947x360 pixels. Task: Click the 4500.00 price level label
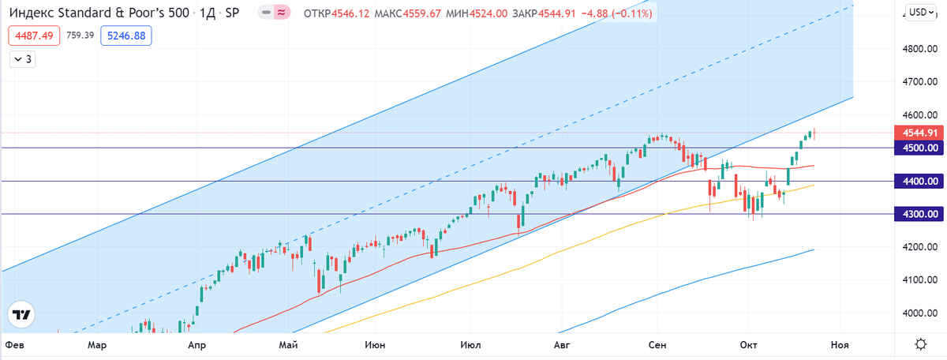(916, 148)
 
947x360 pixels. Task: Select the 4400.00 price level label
(916, 182)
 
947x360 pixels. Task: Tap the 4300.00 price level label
(916, 214)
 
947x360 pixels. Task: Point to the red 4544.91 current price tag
(916, 133)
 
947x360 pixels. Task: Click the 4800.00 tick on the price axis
(920, 49)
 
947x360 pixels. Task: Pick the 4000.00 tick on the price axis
(920, 313)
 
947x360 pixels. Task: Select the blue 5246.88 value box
(126, 36)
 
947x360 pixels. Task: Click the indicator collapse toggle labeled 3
(23, 59)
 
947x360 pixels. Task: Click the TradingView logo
(21, 313)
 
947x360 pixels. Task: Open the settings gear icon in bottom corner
(920, 344)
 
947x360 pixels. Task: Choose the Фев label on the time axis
(13, 345)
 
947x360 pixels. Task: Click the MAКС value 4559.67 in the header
(471, 13)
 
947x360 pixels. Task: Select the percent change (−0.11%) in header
(630, 13)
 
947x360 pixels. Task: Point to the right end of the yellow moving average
(813, 186)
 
